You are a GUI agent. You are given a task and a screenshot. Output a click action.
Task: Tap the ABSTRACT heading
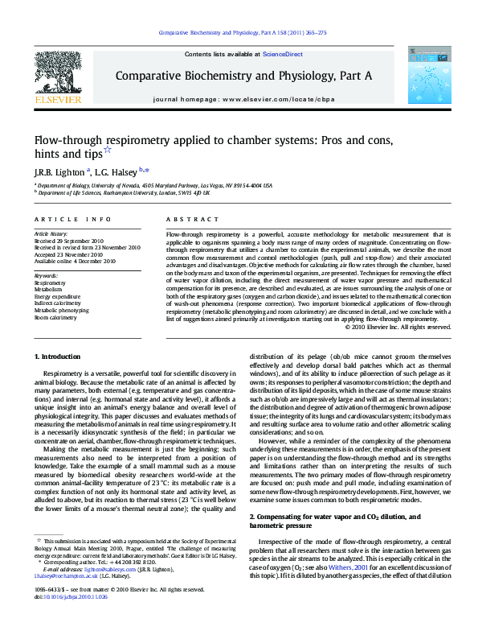pos(182,218)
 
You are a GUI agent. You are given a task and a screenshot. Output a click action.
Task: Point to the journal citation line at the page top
pos(242,34)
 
